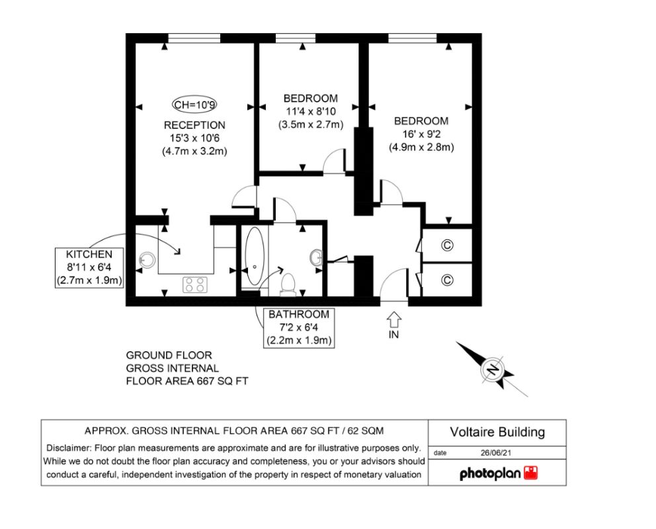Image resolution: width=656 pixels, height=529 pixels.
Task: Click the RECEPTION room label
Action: tap(194, 125)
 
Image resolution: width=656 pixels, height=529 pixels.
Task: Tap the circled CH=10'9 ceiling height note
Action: tap(195, 104)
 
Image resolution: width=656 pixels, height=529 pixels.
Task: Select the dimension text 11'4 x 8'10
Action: tap(310, 112)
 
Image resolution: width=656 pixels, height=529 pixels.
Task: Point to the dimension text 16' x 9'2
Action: tap(421, 134)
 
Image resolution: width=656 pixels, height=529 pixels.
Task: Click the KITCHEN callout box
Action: tap(89, 267)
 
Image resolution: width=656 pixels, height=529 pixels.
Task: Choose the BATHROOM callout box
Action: tap(299, 327)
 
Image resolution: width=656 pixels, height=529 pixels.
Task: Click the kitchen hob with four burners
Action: tap(195, 285)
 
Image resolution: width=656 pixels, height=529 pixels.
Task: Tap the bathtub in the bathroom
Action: tap(255, 256)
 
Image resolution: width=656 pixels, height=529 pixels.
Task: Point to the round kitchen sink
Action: tap(146, 260)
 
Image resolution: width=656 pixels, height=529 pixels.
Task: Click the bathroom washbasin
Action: tap(317, 257)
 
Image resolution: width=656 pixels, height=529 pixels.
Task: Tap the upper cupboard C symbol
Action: tap(447, 245)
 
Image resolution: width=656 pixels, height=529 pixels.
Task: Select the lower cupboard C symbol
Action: tap(447, 279)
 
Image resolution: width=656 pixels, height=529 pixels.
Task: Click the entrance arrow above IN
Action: tap(393, 320)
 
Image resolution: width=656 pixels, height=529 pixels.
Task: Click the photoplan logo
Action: tap(498, 473)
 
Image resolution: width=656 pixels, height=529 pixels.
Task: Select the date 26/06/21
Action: tap(496, 452)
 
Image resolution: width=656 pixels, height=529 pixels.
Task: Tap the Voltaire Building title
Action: tap(497, 432)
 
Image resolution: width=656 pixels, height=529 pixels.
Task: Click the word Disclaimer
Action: tap(69, 448)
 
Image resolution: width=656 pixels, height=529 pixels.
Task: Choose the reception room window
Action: tap(194, 38)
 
